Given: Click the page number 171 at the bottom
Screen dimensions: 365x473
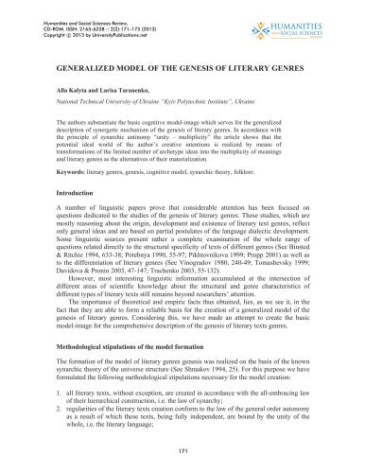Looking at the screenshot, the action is coord(182,454).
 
